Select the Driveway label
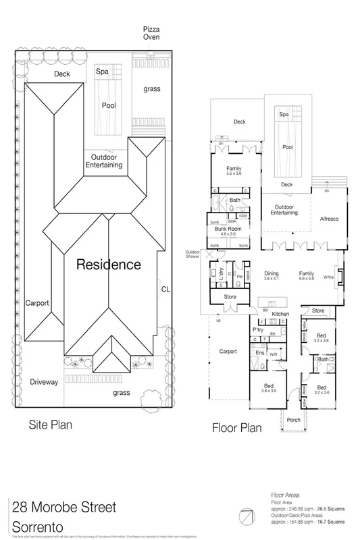tap(45, 382)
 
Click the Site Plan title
tap(50, 426)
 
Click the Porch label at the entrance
tap(293, 420)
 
